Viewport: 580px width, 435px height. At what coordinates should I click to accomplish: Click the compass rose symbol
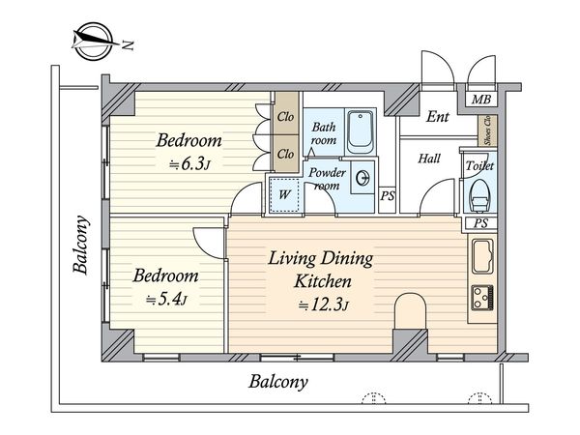[93, 41]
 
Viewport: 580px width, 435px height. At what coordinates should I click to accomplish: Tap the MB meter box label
[481, 100]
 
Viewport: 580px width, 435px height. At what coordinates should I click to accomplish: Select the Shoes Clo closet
[487, 130]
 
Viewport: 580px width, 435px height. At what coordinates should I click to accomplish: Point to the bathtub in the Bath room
[361, 131]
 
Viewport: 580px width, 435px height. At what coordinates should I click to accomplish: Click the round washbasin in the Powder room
[362, 179]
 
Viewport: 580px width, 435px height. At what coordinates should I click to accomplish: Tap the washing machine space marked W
[283, 194]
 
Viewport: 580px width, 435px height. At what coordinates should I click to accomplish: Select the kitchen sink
[482, 256]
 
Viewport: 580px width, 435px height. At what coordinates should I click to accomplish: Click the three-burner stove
[482, 298]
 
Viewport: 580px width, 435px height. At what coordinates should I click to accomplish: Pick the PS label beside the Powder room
[388, 195]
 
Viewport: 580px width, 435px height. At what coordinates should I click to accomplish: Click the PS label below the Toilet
[480, 223]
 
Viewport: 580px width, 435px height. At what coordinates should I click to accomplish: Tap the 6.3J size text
[189, 164]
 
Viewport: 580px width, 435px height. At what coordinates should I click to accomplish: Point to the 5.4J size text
[166, 300]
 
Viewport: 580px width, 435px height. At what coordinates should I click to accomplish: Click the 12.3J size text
[324, 305]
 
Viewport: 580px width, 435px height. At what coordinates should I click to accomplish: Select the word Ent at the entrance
[438, 117]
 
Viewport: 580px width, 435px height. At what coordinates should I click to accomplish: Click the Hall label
[429, 159]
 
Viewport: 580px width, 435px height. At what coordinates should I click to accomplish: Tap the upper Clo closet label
[285, 117]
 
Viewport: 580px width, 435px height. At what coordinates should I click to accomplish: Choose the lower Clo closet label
[285, 154]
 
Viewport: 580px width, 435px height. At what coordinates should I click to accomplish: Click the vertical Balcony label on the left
[81, 245]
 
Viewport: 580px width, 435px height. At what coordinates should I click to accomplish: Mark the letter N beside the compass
[129, 45]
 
